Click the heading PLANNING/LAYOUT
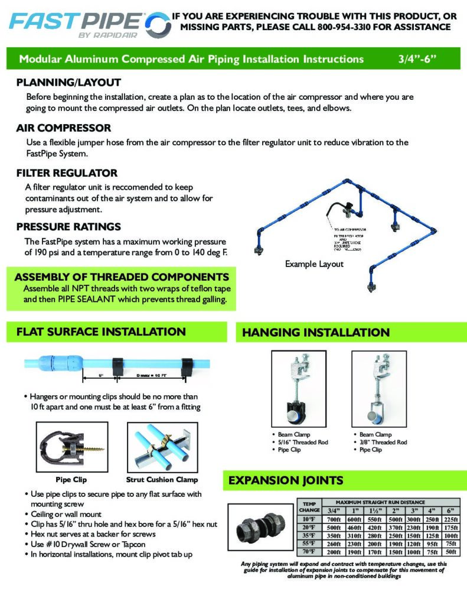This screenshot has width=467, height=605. tap(68, 83)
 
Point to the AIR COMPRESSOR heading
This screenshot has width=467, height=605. tap(64, 128)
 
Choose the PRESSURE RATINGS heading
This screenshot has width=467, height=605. tap(68, 226)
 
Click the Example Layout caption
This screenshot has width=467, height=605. tap(313, 264)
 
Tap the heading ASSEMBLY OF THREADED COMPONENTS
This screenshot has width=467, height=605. tap(122, 277)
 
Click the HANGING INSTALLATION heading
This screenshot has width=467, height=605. tap(316, 333)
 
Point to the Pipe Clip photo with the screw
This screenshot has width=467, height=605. tap(71, 446)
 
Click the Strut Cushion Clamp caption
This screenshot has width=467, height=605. tap(162, 479)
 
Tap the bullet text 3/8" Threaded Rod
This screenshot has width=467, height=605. tap(383, 442)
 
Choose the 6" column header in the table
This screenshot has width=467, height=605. tap(452, 510)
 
